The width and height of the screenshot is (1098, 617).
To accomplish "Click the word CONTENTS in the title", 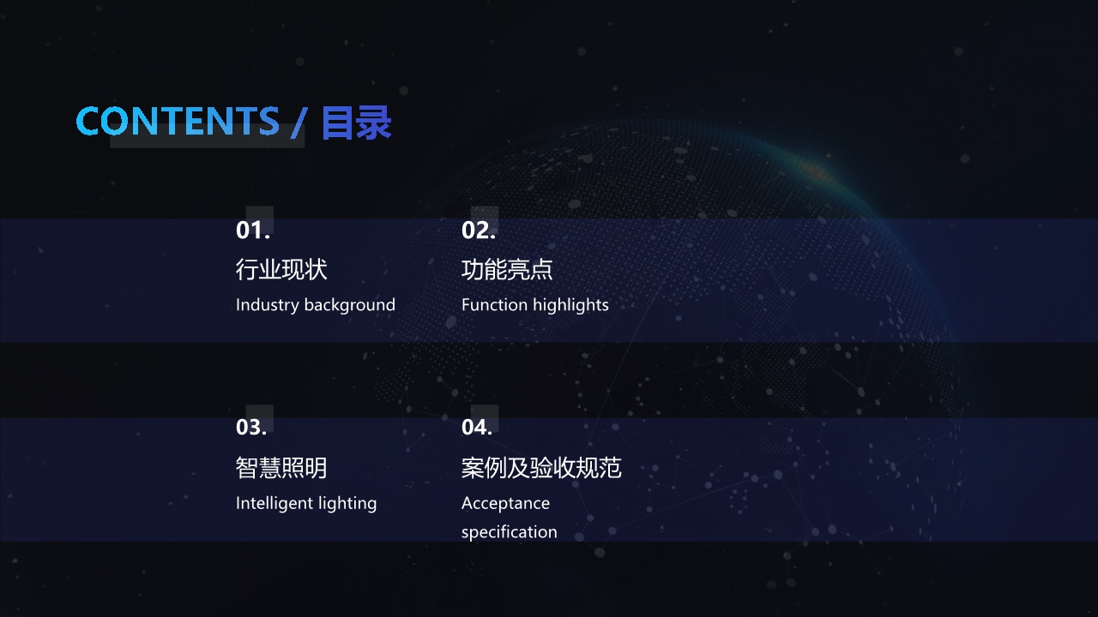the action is tap(178, 121).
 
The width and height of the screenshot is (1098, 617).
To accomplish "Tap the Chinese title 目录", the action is tap(356, 122).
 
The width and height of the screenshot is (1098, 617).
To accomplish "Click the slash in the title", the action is tap(299, 123).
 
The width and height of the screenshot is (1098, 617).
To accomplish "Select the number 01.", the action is tap(253, 231).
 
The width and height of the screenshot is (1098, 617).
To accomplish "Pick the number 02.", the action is tap(479, 231).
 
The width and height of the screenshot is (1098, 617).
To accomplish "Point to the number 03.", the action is tap(251, 427).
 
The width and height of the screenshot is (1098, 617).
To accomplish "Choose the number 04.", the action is tap(477, 427).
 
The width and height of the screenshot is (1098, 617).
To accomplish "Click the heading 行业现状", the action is tap(281, 269).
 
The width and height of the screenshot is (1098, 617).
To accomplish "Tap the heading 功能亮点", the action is tap(507, 269).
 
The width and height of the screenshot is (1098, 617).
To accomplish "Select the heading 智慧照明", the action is tap(281, 468).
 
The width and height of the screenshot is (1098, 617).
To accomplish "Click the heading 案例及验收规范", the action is tap(541, 468).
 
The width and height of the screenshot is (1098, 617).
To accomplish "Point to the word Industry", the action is tap(268, 305).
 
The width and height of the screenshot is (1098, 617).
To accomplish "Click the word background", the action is tap(349, 305).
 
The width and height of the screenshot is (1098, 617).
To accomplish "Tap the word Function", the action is tap(495, 305).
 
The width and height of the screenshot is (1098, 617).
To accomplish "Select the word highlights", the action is tap(570, 305).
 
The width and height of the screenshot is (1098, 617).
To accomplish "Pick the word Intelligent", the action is tap(275, 503).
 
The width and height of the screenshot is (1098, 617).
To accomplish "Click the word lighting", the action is tap(347, 503).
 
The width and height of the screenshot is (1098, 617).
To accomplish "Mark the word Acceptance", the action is tap(505, 503).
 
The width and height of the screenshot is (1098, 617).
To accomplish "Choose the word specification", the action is tap(510, 532).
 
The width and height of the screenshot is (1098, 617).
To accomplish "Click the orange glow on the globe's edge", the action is tap(815, 171).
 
